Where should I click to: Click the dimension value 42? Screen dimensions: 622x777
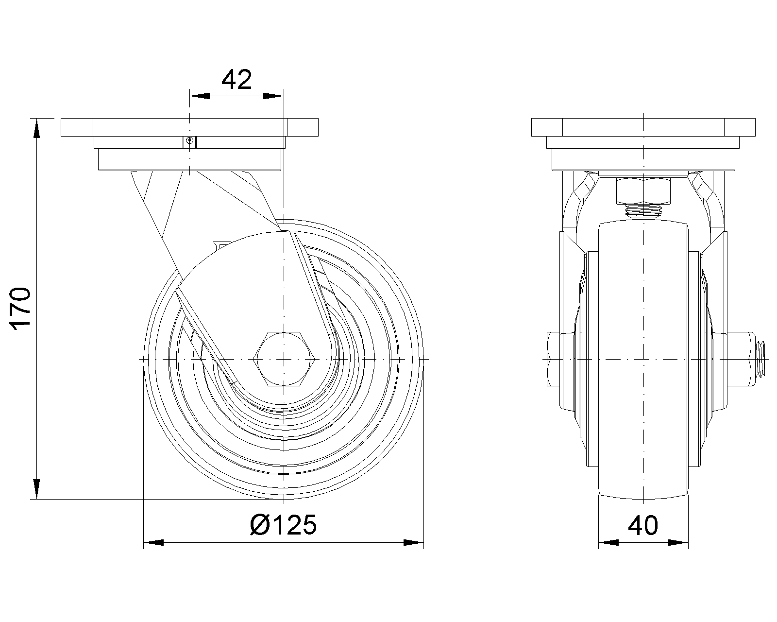(236, 80)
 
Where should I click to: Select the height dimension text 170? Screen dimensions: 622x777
(21, 309)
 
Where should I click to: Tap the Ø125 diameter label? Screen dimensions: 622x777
(284, 525)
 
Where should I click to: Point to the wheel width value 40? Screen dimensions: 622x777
(643, 525)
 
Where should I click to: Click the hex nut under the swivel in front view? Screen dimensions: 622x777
(643, 190)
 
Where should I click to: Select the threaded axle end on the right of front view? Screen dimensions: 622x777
(760, 359)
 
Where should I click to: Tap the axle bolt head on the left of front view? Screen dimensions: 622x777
(554, 359)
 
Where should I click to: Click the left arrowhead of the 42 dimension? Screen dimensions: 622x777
(200, 96)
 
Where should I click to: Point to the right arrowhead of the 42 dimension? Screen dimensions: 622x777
(273, 96)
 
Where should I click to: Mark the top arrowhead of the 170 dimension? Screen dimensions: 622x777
(36, 129)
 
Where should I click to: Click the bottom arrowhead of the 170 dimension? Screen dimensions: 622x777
(36, 488)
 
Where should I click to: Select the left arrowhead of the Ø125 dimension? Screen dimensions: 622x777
(154, 542)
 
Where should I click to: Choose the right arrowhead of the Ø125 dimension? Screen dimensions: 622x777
(413, 542)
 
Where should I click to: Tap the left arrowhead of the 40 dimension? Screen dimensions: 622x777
(608, 542)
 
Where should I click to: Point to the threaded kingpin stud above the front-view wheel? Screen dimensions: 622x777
(643, 210)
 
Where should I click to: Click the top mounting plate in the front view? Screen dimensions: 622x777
(643, 127)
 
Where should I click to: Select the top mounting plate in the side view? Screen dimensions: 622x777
(189, 127)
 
